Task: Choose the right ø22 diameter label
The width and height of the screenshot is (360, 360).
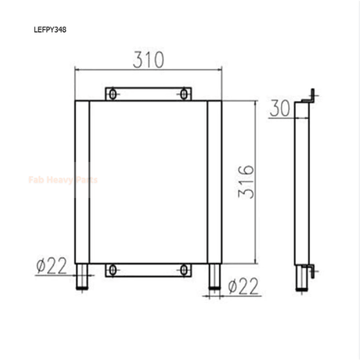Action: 242,287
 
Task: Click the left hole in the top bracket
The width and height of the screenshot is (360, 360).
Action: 113,95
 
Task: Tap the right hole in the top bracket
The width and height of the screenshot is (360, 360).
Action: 185,95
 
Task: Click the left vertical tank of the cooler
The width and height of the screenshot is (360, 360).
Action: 82,182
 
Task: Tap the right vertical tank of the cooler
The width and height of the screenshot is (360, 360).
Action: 214,182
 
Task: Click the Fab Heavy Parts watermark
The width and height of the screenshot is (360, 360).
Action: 63,180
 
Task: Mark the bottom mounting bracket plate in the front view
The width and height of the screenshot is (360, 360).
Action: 149,269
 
